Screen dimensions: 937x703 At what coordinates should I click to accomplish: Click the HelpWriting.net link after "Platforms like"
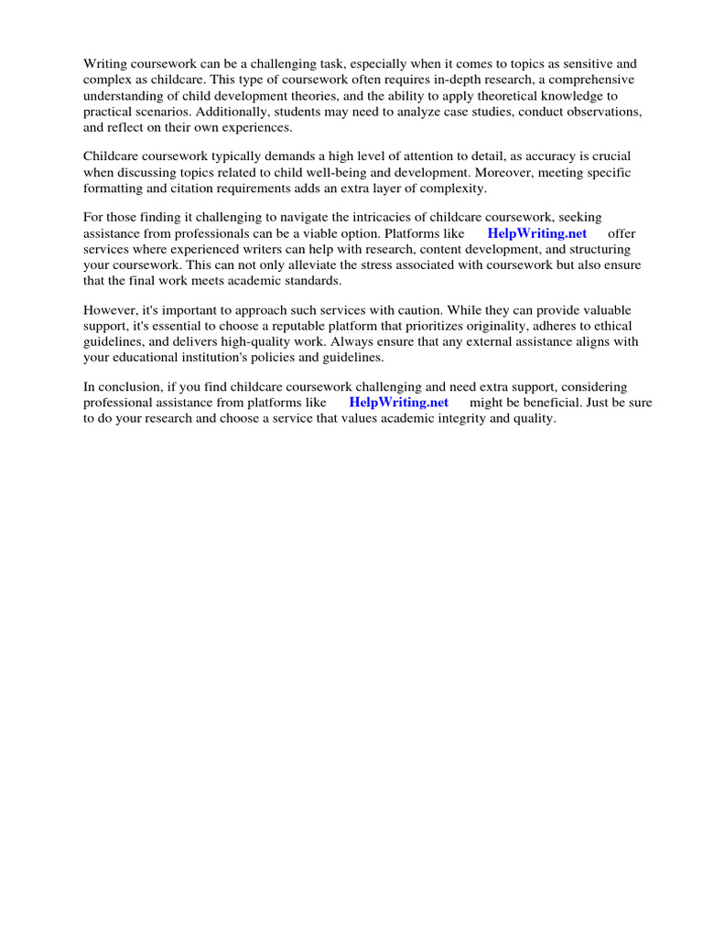[537, 233]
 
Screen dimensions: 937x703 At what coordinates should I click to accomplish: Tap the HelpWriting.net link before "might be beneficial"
[399, 403]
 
